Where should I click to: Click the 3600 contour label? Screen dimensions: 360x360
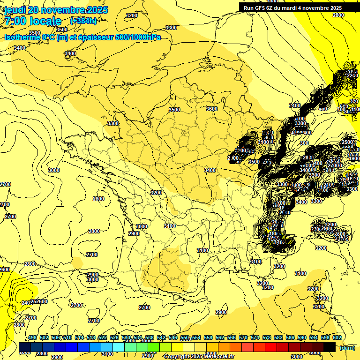[x=212, y=109]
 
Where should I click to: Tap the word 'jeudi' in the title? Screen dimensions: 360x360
[x=15, y=10]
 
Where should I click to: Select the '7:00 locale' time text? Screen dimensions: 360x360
[x=32, y=21]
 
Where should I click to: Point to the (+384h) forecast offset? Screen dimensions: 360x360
[x=83, y=21]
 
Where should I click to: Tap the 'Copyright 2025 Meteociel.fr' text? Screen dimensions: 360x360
[x=199, y=357]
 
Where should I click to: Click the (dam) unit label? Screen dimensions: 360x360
[x=347, y=348]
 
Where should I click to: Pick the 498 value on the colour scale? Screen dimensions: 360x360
[x=32, y=338]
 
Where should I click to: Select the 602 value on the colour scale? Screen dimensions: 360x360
[x=337, y=338]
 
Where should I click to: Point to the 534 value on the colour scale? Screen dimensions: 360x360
[x=138, y=338]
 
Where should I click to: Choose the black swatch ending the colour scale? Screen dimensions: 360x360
[x=330, y=347]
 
